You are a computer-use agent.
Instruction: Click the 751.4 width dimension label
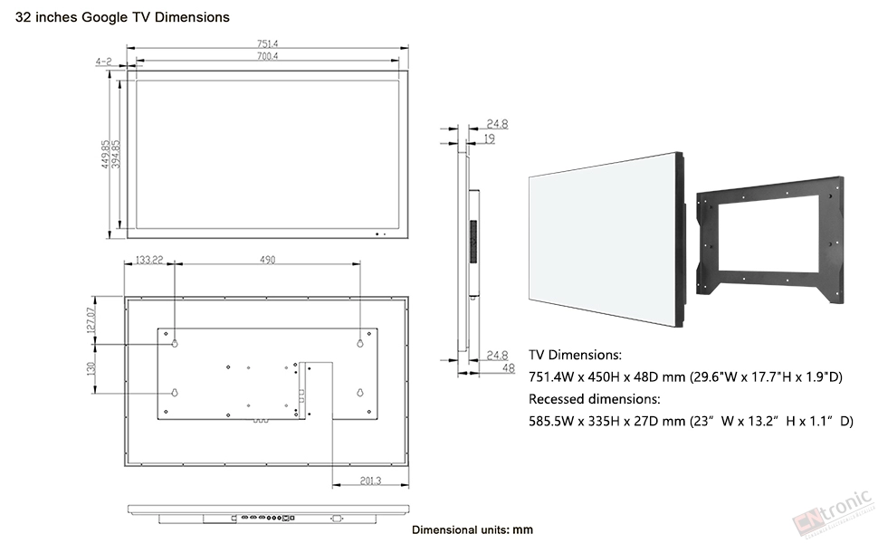(268, 43)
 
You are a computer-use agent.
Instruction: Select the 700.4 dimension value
(268, 56)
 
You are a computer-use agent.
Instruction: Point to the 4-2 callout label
(103, 61)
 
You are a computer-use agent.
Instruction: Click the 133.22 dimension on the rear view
(149, 260)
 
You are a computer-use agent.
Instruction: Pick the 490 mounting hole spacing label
(268, 260)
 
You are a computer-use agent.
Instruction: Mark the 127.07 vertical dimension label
(91, 320)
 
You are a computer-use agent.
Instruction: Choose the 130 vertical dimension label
(91, 368)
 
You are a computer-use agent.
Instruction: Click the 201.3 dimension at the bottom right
(371, 481)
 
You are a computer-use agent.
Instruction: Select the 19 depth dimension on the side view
(490, 138)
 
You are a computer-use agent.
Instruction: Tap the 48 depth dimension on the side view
(509, 368)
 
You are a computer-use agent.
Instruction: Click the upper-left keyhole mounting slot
(175, 343)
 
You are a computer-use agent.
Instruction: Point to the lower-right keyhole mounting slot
(360, 393)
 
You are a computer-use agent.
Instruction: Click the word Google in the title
(105, 17)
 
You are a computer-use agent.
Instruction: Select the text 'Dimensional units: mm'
(472, 529)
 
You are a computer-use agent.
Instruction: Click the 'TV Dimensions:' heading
(575, 355)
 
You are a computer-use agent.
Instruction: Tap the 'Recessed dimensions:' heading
(595, 399)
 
